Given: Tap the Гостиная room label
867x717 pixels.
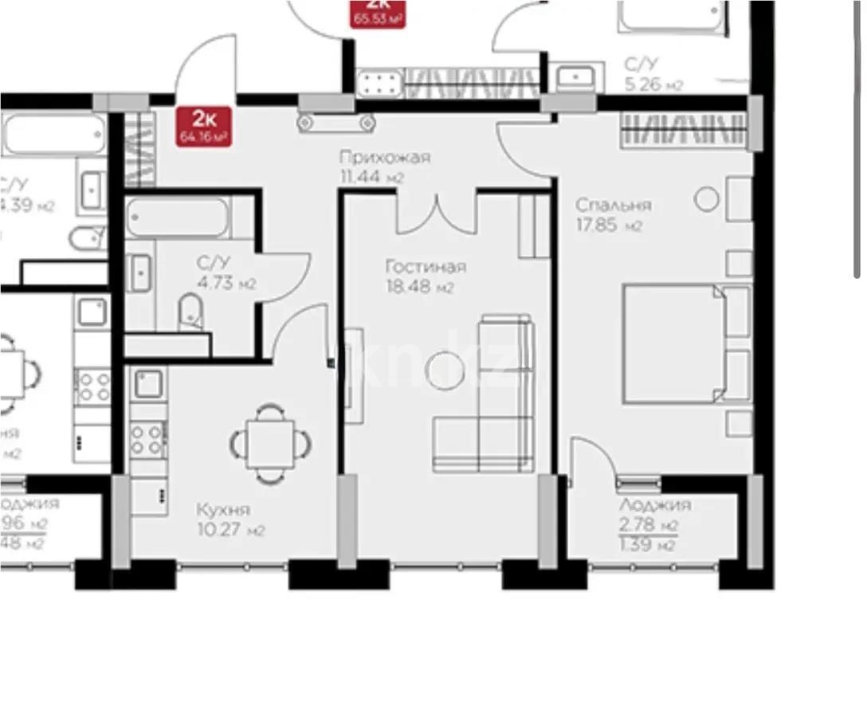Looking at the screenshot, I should [x=425, y=267].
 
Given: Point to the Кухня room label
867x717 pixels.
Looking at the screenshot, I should [x=223, y=510].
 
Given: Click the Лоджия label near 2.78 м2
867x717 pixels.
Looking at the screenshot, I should [x=654, y=505].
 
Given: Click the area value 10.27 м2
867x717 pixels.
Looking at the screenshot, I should [x=231, y=531].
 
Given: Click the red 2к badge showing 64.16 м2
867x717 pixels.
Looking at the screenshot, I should [x=206, y=126].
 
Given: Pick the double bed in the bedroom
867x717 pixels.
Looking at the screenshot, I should [x=684, y=343].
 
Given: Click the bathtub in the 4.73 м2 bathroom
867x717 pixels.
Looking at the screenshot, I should [x=177, y=217].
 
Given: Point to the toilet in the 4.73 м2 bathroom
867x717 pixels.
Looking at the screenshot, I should [x=190, y=311].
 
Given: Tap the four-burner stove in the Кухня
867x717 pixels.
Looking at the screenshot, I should [x=147, y=439].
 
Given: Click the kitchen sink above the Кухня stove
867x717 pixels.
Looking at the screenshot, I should [x=148, y=384].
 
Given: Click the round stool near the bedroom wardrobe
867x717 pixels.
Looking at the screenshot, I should [x=706, y=199].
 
